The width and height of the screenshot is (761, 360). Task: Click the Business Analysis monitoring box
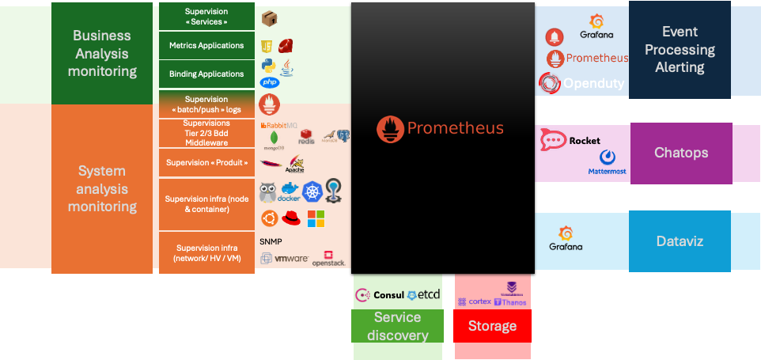click(x=102, y=53)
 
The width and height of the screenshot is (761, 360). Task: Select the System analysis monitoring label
click(x=102, y=188)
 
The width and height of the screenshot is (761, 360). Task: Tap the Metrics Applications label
click(x=206, y=46)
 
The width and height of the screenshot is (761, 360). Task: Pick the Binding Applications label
click(x=206, y=74)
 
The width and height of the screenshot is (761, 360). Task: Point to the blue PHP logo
click(x=270, y=82)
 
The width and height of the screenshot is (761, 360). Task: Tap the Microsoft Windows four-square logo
click(x=316, y=218)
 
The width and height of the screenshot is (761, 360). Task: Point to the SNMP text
click(x=271, y=241)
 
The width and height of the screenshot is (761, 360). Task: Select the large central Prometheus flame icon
click(x=389, y=128)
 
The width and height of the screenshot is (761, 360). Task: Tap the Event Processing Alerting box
click(x=680, y=49)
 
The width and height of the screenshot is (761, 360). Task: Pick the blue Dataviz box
click(x=680, y=241)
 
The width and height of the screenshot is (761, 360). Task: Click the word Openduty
click(x=593, y=83)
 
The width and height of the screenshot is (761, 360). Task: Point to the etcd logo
click(x=424, y=295)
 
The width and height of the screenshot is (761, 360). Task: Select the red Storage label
click(x=492, y=326)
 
